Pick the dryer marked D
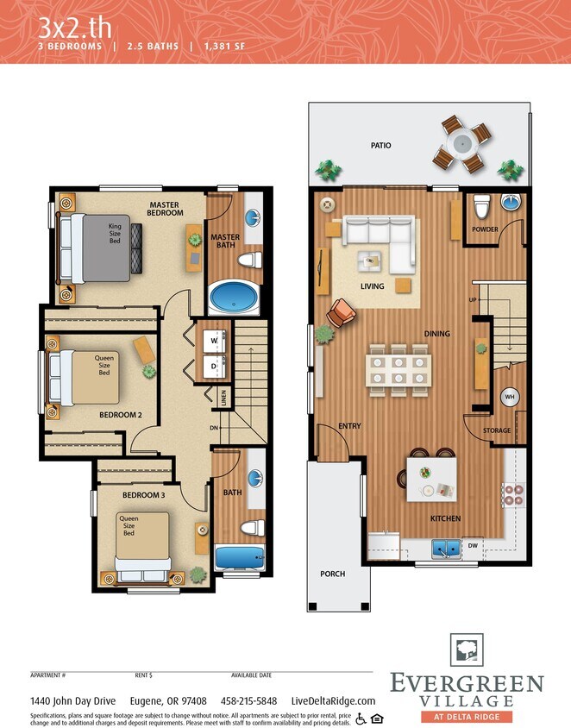click(215, 365)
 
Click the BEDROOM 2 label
click(120, 414)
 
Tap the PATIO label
click(380, 146)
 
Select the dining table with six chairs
click(398, 368)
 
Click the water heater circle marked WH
click(510, 396)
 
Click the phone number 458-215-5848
click(248, 701)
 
